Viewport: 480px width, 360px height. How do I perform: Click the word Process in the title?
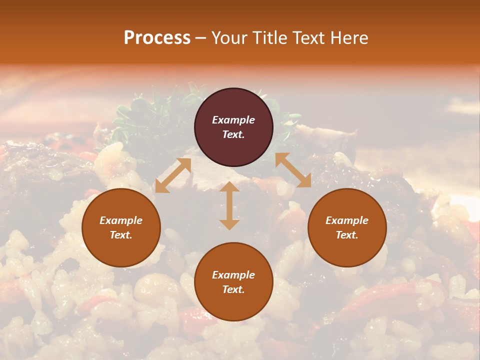tap(157, 38)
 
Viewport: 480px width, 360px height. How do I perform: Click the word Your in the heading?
tap(228, 38)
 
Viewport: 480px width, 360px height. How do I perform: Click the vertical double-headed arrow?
tap(229, 205)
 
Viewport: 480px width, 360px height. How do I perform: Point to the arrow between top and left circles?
tap(173, 175)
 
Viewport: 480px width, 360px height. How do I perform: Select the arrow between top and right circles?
tap(293, 170)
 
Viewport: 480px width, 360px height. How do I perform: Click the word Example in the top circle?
tap(233, 120)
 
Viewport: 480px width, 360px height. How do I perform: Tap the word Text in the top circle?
tap(233, 134)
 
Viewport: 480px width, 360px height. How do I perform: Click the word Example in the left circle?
tap(121, 220)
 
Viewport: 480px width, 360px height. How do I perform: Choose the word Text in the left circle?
tap(121, 235)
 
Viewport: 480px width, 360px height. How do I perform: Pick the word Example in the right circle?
tap(347, 220)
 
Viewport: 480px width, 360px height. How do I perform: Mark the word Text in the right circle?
tap(347, 235)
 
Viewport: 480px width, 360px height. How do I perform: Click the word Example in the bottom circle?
tap(233, 275)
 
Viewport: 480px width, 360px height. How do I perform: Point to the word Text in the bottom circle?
tap(233, 289)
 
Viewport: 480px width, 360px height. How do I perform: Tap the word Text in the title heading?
tap(306, 38)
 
